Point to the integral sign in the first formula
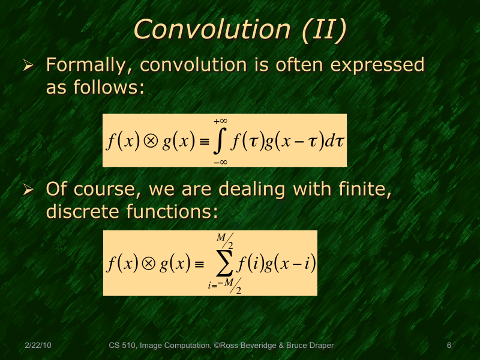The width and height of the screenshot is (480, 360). [219, 142]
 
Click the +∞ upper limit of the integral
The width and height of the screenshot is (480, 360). [220, 121]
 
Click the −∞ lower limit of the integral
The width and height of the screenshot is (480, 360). [219, 161]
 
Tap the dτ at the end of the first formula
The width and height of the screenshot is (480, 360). [333, 142]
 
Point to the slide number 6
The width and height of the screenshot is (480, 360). [449, 346]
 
